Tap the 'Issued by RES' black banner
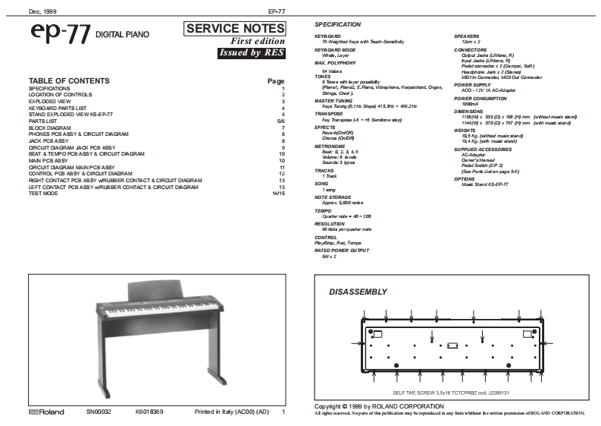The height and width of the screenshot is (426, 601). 250,52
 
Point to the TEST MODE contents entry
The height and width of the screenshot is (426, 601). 43,193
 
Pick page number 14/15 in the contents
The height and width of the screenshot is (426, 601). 278,193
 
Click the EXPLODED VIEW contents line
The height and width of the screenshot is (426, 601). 49,101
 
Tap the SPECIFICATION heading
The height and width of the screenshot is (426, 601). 337,25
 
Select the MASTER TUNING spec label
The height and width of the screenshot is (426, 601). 334,100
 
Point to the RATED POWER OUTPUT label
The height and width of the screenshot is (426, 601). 342,250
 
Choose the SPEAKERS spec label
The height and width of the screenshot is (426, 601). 468,36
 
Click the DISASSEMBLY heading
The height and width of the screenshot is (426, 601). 358,292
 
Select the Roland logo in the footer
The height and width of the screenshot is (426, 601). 46,412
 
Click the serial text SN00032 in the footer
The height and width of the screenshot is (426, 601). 99,412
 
